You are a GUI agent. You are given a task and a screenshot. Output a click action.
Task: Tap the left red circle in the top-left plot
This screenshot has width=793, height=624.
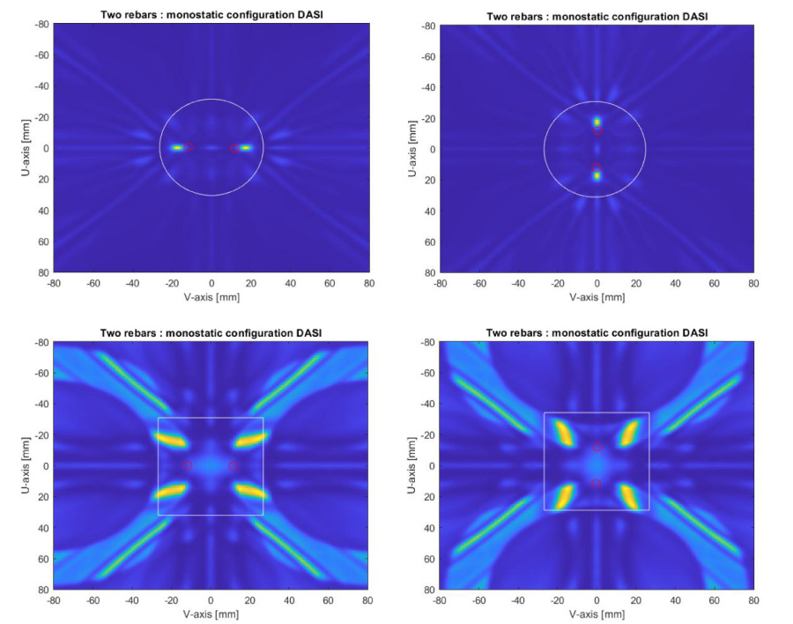click(x=188, y=147)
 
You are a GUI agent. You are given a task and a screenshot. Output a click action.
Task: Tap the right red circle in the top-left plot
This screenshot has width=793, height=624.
click(x=234, y=148)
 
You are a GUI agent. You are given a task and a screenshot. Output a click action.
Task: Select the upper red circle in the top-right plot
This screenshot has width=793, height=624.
click(x=597, y=130)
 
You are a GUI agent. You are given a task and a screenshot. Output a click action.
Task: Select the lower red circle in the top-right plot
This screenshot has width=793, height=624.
click(x=597, y=167)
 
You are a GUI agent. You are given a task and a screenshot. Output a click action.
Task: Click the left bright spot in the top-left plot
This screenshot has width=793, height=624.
click(x=176, y=147)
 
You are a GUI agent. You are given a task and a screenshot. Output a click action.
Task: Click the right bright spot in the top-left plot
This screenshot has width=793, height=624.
click(x=246, y=147)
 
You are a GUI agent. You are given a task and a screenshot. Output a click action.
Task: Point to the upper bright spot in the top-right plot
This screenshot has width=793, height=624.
click(x=597, y=122)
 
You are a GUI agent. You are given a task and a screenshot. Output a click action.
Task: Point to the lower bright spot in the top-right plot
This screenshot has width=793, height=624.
click(x=597, y=175)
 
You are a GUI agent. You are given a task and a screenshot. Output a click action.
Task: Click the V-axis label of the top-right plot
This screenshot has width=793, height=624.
click(x=597, y=297)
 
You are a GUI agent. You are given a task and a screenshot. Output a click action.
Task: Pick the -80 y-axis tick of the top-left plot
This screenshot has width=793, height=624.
click(x=40, y=26)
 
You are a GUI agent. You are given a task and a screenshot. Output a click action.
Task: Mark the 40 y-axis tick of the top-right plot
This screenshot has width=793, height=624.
click(x=427, y=211)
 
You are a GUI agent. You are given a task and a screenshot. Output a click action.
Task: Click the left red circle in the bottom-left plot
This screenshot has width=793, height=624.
click(x=187, y=464)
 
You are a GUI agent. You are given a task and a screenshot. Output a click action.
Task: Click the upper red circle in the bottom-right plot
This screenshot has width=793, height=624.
click(x=597, y=447)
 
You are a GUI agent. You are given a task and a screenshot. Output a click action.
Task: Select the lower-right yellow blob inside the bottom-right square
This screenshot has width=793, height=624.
click(x=632, y=496)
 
